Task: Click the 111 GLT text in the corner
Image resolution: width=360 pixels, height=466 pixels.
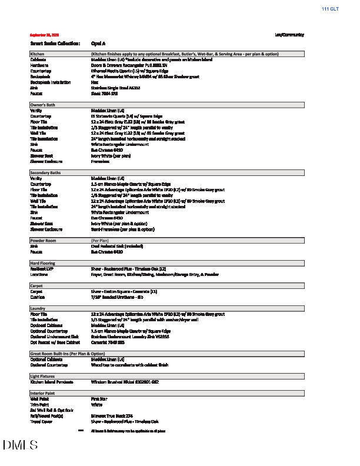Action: pyautogui.click(x=330, y=9)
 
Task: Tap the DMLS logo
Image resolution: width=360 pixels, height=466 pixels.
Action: pyautogui.click(x=21, y=445)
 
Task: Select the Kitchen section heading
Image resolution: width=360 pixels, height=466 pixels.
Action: pyautogui.click(x=37, y=54)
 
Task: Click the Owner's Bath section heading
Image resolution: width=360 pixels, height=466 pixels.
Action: pyautogui.click(x=43, y=105)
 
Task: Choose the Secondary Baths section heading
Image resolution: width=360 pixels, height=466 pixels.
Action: pyautogui.click(x=45, y=172)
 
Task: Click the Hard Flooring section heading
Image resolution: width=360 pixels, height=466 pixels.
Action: pyautogui.click(x=42, y=263)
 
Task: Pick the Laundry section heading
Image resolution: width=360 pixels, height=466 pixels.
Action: pyautogui.click(x=38, y=308)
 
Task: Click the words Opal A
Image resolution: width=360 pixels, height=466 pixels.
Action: pyautogui.click(x=98, y=44)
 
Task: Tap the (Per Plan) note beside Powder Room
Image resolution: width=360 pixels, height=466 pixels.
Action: pyautogui.click(x=99, y=241)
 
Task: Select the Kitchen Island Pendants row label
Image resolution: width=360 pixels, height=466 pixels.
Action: pyautogui.click(x=52, y=382)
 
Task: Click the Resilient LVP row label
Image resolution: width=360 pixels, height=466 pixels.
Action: pyautogui.click(x=42, y=269)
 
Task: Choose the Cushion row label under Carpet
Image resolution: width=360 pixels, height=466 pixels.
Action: pyautogui.click(x=38, y=297)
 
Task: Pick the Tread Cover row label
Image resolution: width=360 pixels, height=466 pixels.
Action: pyautogui.click(x=41, y=421)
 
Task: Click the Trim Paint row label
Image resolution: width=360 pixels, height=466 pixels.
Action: pyautogui.click(x=39, y=404)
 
